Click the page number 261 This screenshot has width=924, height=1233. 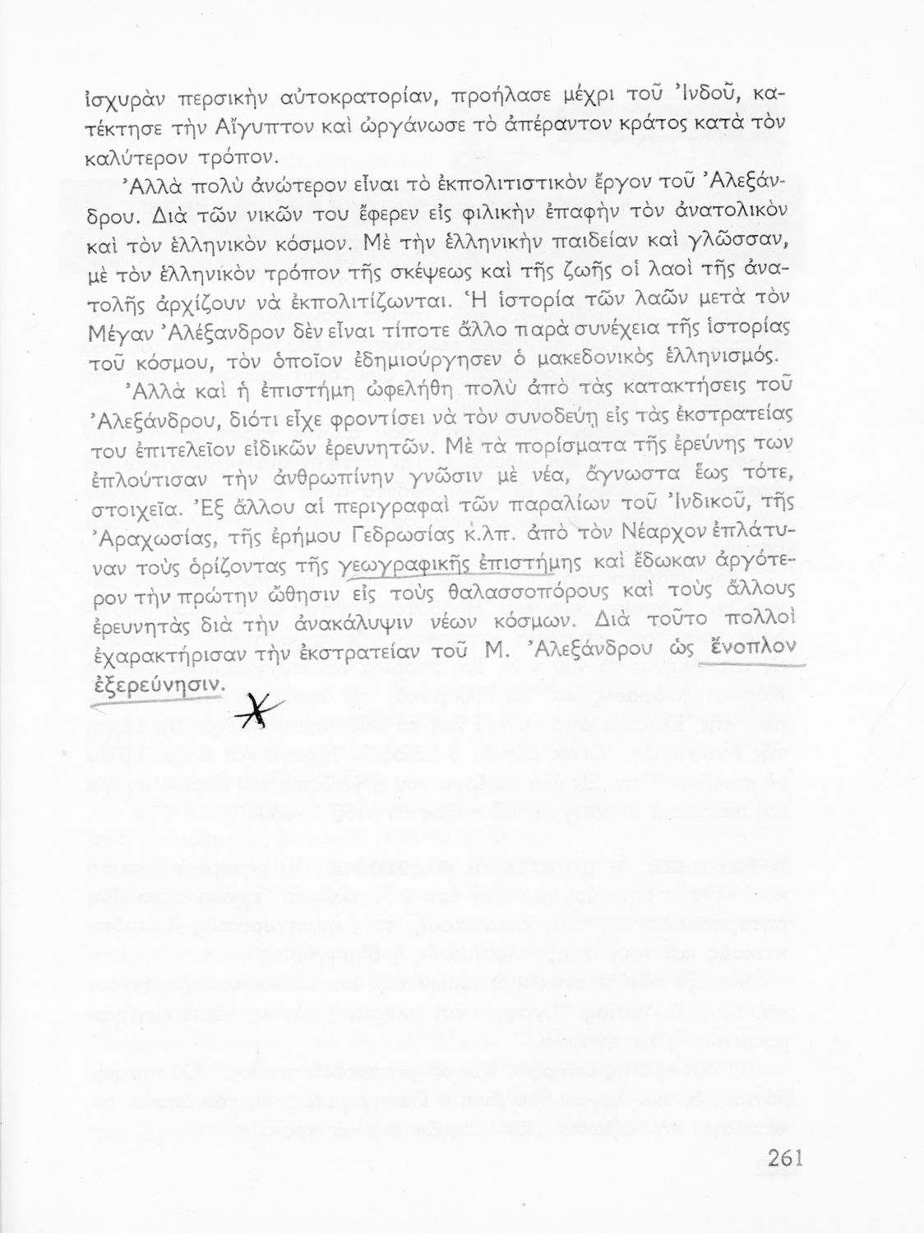pos(785,1160)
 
